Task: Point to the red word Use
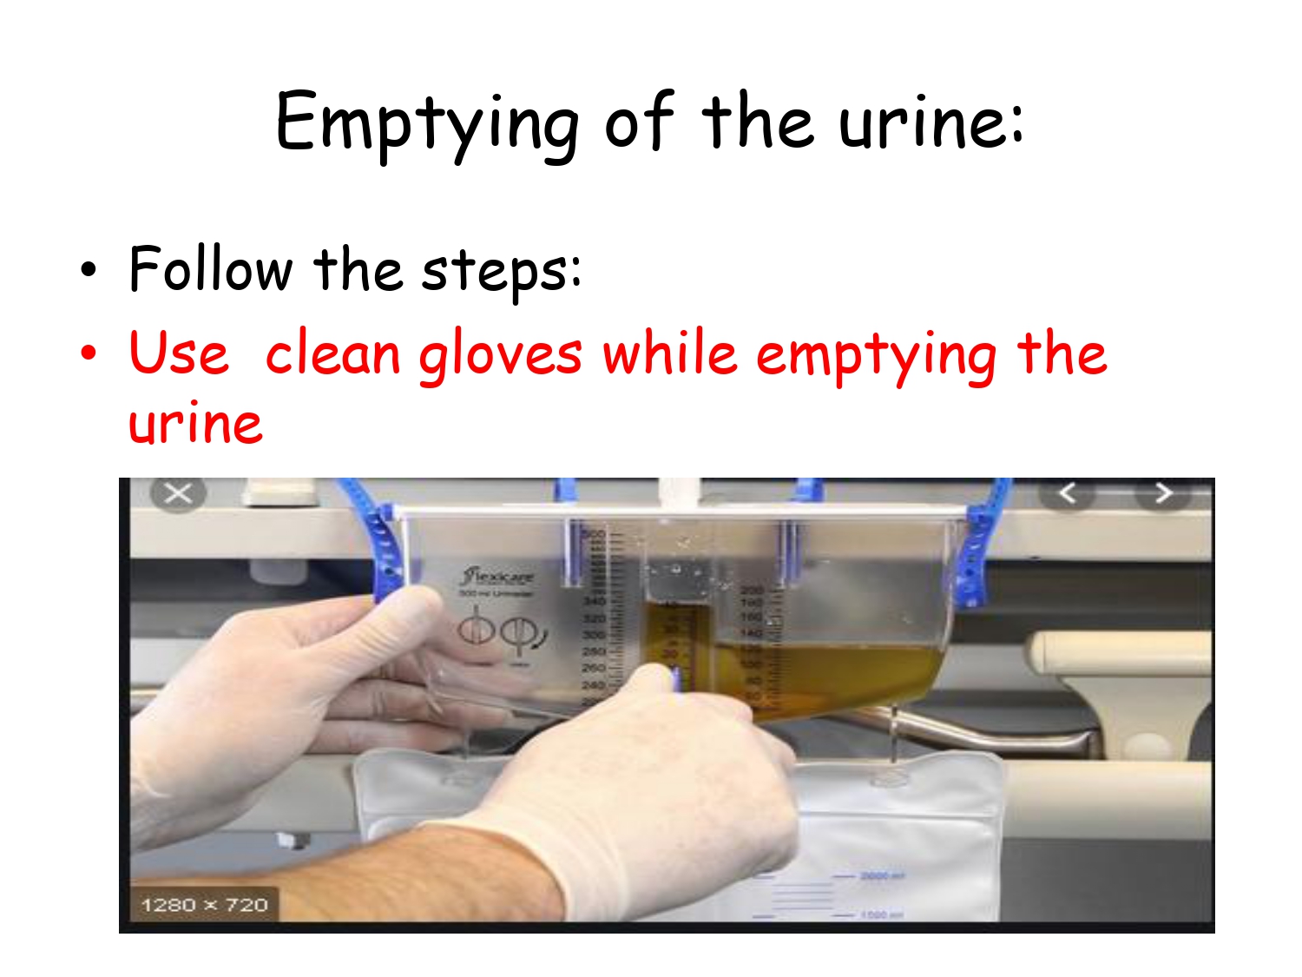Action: (179, 353)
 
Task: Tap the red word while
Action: (669, 353)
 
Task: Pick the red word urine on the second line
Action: (195, 425)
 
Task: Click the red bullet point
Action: (89, 353)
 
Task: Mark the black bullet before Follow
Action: (89, 270)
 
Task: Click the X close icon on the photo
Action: (178, 494)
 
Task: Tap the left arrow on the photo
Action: (1067, 493)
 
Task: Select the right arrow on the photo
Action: (1163, 493)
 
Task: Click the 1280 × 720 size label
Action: (205, 905)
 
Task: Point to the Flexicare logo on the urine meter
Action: (498, 576)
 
